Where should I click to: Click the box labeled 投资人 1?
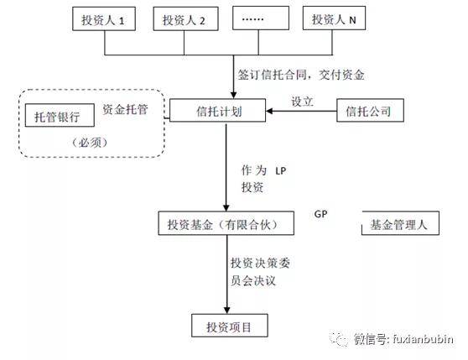click(104, 20)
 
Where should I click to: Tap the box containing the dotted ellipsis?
click(257, 20)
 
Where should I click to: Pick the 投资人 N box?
click(335, 20)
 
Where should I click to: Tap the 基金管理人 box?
click(399, 225)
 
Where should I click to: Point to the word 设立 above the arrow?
click(301, 101)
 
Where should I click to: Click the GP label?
click(320, 211)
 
